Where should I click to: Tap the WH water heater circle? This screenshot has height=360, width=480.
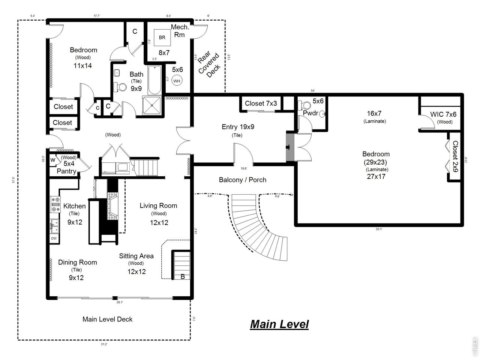pyautogui.click(x=177, y=80)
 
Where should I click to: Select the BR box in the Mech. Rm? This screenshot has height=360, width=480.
pyautogui.click(x=162, y=37)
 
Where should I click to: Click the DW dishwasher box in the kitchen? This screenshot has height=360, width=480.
pyautogui.click(x=54, y=238)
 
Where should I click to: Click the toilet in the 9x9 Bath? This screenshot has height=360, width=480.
pyautogui.click(x=121, y=87)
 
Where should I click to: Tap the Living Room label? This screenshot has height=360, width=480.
pyautogui.click(x=158, y=205)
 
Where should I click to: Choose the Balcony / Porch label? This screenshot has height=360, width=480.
pyautogui.click(x=242, y=180)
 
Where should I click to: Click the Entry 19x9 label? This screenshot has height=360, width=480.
pyautogui.click(x=238, y=127)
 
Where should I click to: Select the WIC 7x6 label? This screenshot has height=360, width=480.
pyautogui.click(x=443, y=114)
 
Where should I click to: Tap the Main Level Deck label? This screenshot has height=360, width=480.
pyautogui.click(x=107, y=319)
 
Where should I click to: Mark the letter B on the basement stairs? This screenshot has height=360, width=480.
pyautogui.click(x=183, y=277)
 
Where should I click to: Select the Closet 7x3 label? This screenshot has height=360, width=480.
pyautogui.click(x=261, y=103)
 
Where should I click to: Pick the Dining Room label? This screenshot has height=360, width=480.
pyautogui.click(x=77, y=262)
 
